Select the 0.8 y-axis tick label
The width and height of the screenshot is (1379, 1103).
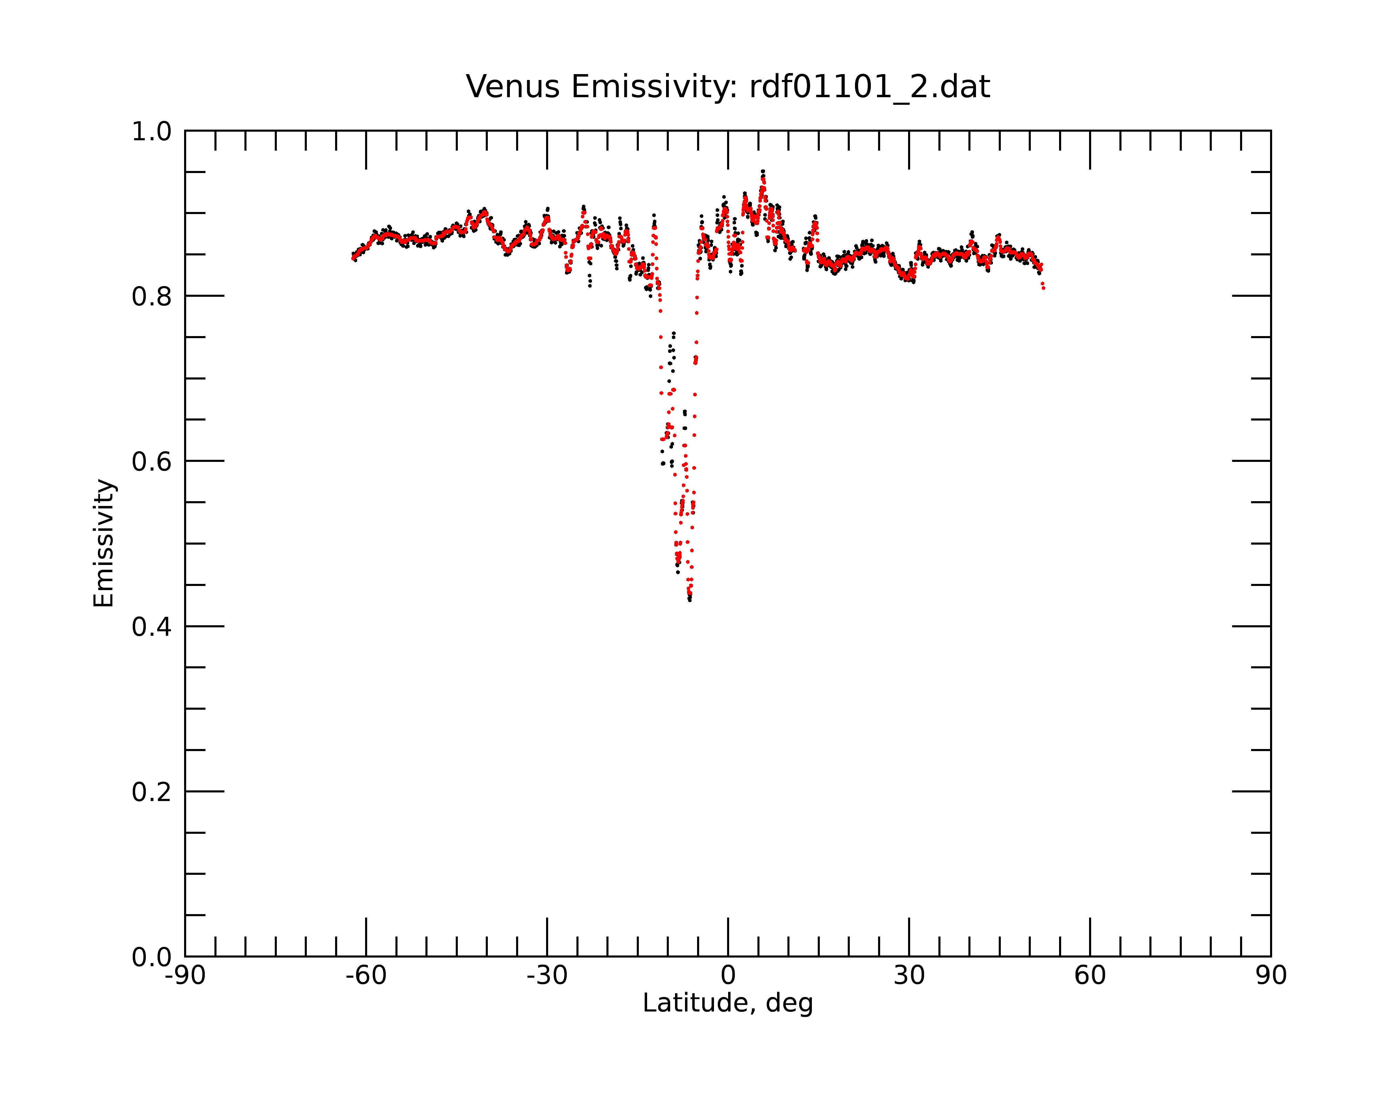pyautogui.click(x=152, y=297)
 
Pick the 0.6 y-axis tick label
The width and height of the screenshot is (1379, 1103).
pyautogui.click(x=152, y=462)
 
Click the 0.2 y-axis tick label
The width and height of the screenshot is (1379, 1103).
pyautogui.click(x=152, y=792)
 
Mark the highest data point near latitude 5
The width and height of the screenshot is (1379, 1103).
pyautogui.click(x=763, y=171)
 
